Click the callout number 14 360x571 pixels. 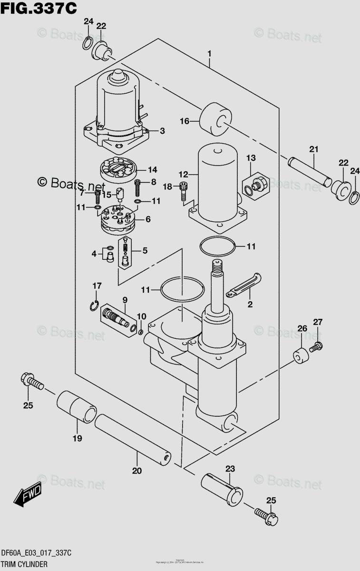153,169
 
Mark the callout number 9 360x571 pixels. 125,300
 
